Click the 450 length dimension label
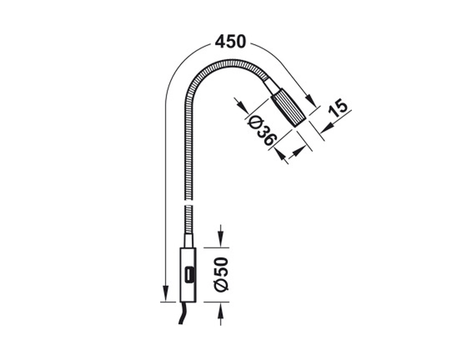tap(230, 42)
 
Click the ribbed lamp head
tap(288, 108)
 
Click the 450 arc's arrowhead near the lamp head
tap(311, 99)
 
